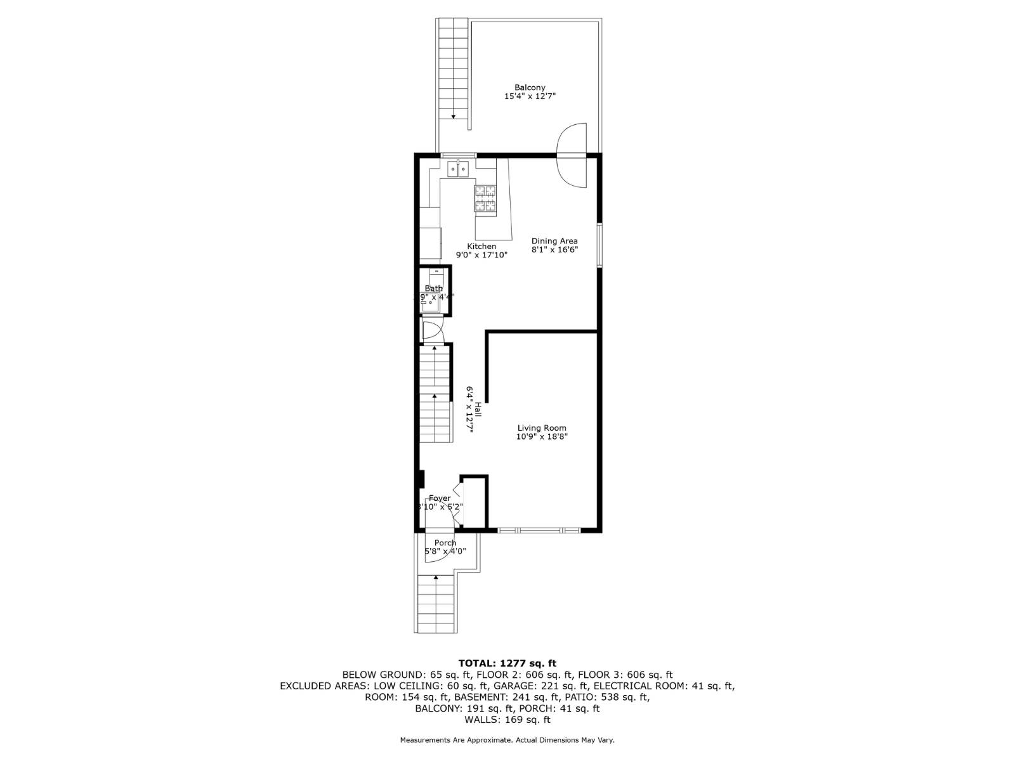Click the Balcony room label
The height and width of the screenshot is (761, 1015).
click(530, 88)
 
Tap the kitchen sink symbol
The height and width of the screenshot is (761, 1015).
click(457, 169)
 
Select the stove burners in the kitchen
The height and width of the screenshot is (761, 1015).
click(485, 198)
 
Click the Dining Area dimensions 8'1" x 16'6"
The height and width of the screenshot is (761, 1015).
click(554, 250)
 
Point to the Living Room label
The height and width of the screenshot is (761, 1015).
click(541, 428)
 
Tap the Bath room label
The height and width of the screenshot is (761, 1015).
click(434, 289)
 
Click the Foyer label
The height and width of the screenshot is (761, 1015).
click(439, 498)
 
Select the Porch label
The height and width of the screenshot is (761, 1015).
click(445, 543)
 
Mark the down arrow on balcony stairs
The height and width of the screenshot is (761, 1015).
click(454, 116)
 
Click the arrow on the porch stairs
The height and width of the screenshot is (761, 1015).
click(436, 578)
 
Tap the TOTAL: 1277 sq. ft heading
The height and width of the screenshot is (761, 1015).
click(507, 663)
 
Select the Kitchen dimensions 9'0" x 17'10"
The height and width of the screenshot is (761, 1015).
click(481, 256)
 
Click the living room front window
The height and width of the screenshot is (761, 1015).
click(539, 530)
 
